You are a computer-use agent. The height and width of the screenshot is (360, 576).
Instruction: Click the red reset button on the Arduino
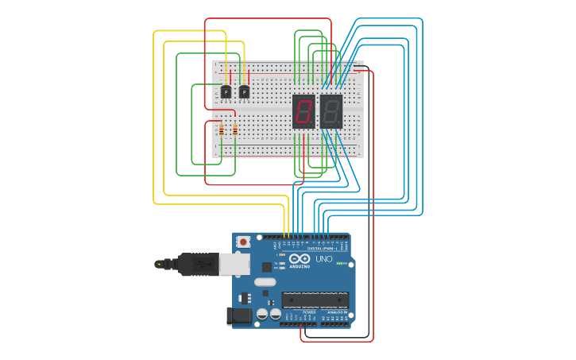[x=243, y=242]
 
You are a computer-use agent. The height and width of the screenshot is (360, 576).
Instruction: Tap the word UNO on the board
[x=324, y=259]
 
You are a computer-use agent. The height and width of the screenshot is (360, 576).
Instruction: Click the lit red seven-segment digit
[x=303, y=110]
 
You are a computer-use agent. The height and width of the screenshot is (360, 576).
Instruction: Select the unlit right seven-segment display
[x=331, y=110]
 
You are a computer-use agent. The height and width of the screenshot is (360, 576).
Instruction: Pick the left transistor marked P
[x=226, y=92]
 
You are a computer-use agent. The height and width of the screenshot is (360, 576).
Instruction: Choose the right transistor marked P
[x=244, y=92]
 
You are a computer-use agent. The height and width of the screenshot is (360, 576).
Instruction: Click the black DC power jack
[x=239, y=316]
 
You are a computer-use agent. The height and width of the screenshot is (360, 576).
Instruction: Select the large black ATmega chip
[x=315, y=300]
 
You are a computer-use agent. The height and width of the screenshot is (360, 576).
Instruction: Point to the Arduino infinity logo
[x=300, y=259]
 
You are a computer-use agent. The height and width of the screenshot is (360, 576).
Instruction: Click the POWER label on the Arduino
[x=310, y=312]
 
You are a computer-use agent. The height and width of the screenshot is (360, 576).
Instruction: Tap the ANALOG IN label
[x=335, y=312]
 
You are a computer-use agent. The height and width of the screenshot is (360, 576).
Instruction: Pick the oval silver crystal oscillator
[x=265, y=282]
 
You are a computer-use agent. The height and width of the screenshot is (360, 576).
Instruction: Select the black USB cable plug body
[x=198, y=264]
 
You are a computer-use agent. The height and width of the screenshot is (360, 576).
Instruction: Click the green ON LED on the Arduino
[x=339, y=263]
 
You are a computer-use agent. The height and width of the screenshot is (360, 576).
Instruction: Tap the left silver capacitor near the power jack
[x=262, y=315]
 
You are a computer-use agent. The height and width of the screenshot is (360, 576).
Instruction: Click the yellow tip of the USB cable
[x=159, y=264]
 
